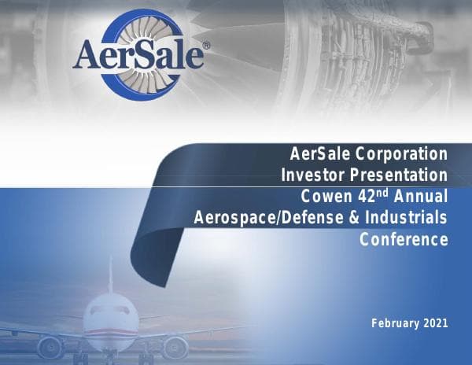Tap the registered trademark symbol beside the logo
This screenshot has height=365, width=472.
click(206, 46)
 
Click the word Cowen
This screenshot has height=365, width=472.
click(325, 196)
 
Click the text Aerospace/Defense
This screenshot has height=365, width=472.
click(268, 217)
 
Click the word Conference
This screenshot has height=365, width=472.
click(404, 239)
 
